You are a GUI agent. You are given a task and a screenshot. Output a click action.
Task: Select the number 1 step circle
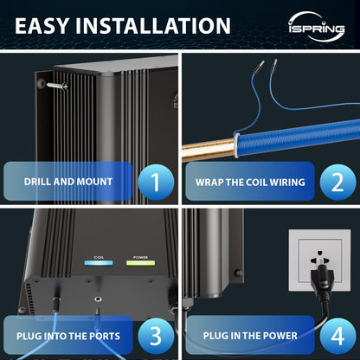(156, 183)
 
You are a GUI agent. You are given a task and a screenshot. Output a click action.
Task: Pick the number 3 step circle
(156, 335)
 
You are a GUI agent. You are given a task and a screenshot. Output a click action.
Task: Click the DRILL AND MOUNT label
(69, 183)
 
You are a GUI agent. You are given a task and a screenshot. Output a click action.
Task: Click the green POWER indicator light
(140, 263)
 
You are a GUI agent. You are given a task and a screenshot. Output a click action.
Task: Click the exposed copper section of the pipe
(208, 150)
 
